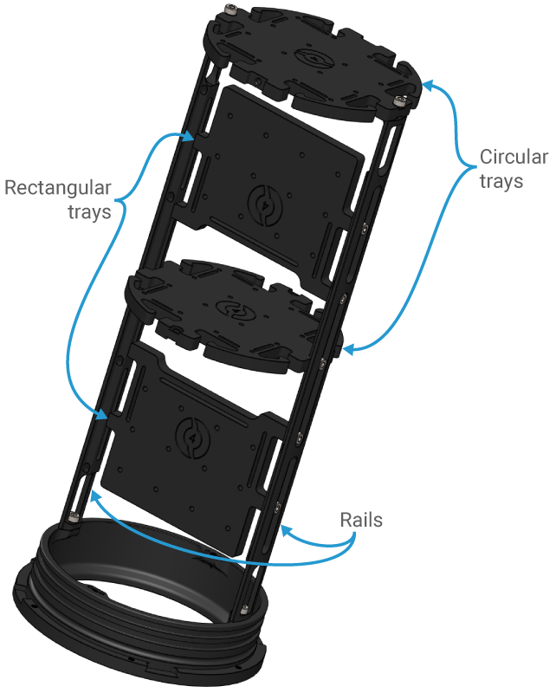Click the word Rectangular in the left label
[x=58, y=188]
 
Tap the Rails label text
[x=361, y=521]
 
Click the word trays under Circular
[x=501, y=181]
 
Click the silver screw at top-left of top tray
[x=230, y=10]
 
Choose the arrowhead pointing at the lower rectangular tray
[x=104, y=417]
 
